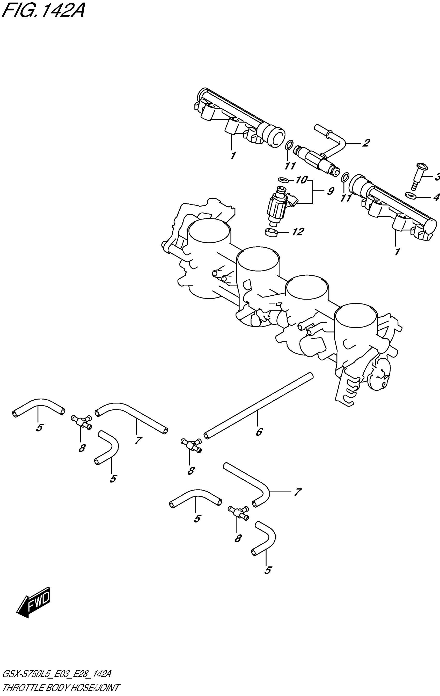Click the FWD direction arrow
pyautogui.click(x=34, y=602)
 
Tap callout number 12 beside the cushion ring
pyautogui.click(x=298, y=232)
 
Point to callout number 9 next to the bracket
pyautogui.click(x=330, y=191)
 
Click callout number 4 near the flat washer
pyautogui.click(x=435, y=198)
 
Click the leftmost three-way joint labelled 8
pyautogui.click(x=81, y=422)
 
